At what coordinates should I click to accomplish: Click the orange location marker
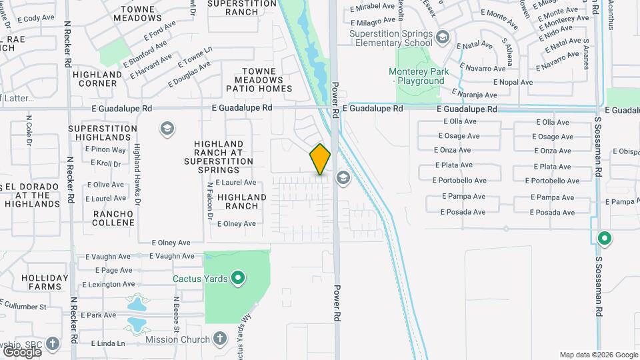point(320,159)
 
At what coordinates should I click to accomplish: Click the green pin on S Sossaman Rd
point(605,237)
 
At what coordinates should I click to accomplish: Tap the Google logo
point(22,351)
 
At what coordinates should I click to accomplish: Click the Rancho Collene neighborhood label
point(113,219)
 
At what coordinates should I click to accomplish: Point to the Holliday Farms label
point(45,282)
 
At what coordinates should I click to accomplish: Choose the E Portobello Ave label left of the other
point(459,181)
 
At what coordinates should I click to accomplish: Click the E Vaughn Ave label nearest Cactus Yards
point(171,256)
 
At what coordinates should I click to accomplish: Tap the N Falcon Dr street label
point(209,201)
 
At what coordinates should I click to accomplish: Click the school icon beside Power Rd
point(343,177)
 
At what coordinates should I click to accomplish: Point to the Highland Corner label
point(98,79)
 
